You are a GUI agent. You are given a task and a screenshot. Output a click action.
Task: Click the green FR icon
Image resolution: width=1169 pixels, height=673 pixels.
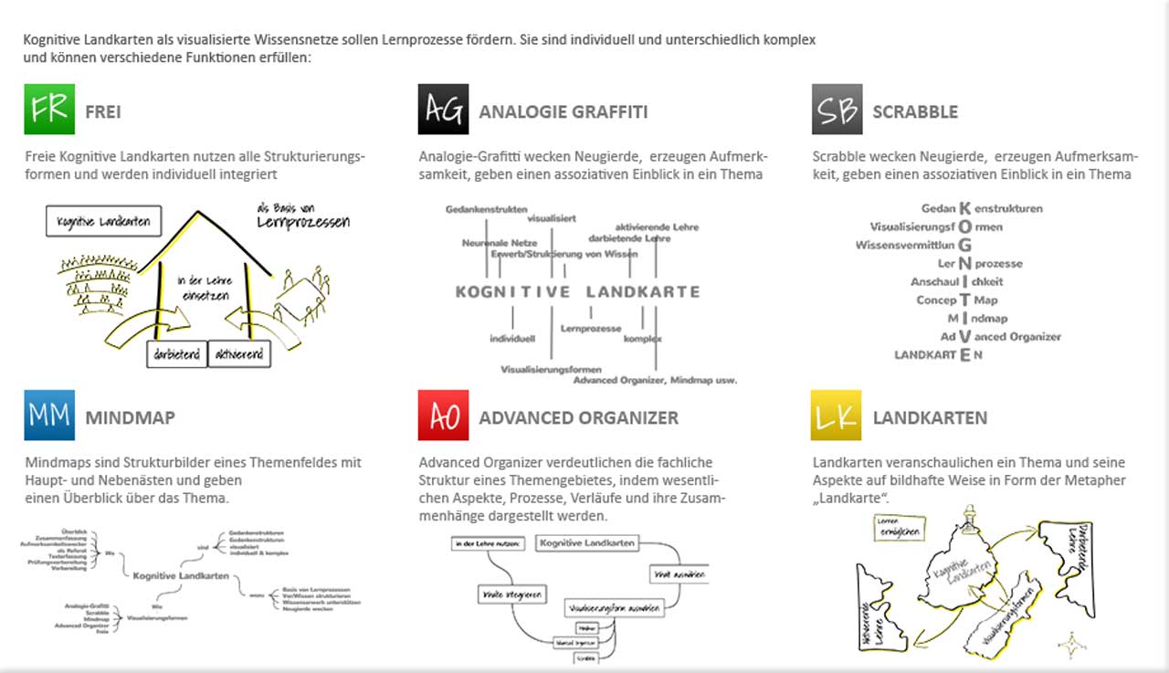(x=49, y=110)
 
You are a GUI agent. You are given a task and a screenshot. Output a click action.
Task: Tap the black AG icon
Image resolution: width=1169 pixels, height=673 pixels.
(x=444, y=110)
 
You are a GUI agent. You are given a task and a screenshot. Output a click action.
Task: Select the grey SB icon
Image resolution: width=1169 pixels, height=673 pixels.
(x=837, y=110)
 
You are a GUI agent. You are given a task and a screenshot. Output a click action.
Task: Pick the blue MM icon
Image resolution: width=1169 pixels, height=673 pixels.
(x=49, y=415)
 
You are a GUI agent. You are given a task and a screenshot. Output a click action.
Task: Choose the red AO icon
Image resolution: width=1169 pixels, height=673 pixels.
(x=444, y=415)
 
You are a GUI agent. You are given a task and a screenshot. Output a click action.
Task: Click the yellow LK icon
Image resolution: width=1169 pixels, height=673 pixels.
(x=837, y=415)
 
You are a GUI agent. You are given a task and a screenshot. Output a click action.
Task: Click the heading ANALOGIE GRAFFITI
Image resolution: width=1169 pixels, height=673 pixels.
(x=563, y=112)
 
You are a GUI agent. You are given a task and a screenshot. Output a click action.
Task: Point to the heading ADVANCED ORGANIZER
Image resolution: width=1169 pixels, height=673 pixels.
(x=579, y=418)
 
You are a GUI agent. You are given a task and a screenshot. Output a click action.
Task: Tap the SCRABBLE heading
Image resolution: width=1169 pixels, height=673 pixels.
(x=915, y=112)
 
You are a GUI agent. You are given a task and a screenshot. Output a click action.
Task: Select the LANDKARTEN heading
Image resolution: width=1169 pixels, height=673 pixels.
(x=930, y=418)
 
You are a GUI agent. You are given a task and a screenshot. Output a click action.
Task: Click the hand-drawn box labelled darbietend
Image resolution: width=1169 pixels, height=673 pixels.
(x=177, y=354)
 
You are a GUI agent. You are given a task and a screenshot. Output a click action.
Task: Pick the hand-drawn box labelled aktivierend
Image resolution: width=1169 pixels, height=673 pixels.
(x=239, y=354)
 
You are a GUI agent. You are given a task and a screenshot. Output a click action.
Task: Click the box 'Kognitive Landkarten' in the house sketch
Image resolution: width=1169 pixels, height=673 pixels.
(x=103, y=221)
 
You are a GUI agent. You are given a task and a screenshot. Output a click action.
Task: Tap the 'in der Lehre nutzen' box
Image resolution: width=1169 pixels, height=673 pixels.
(x=489, y=544)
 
